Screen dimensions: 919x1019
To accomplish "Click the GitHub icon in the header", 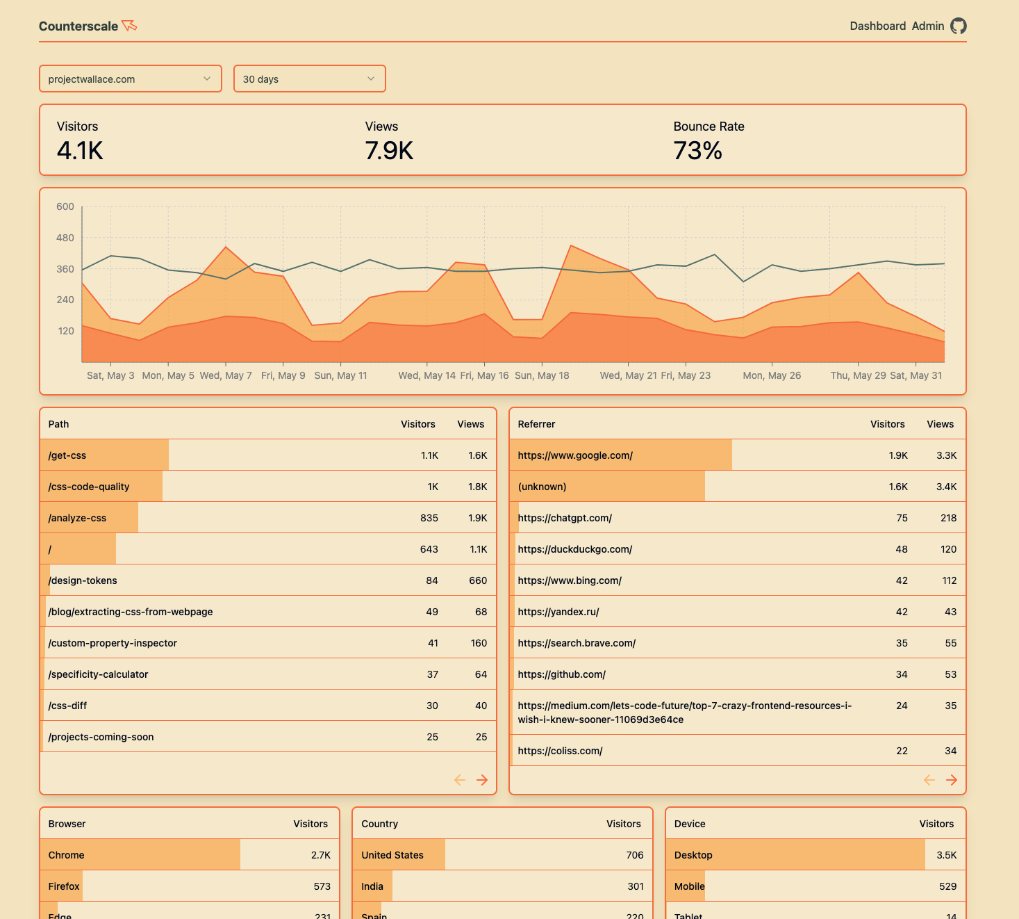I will pos(959,26).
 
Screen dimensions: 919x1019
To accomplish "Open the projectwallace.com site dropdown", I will pos(130,79).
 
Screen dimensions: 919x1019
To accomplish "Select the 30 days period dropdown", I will pos(309,79).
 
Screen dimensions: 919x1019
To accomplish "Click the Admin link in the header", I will pos(927,26).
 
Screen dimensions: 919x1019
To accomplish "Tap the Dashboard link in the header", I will pos(877,26).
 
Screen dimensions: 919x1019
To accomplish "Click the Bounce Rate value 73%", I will pos(697,151).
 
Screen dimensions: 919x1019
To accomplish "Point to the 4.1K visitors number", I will pos(80,151).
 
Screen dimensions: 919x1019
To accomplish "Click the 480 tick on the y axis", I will pos(65,238).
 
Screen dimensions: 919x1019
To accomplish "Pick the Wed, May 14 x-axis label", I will pos(426,375).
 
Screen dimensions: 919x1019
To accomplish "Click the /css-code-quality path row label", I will pos(89,487).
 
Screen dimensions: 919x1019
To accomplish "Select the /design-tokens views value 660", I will pos(478,580).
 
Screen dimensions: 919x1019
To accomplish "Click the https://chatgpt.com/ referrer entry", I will pos(565,518).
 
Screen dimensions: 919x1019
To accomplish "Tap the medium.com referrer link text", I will pos(684,713).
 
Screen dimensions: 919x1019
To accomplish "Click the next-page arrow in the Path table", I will pos(482,780).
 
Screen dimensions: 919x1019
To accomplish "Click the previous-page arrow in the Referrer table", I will pos(929,780).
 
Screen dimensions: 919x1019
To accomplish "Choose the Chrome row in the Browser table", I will pos(67,855).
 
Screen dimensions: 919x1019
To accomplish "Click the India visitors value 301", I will pos(635,886).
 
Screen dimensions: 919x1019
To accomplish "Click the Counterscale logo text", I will pos(78,26).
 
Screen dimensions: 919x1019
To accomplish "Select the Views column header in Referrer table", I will pos(940,424).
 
